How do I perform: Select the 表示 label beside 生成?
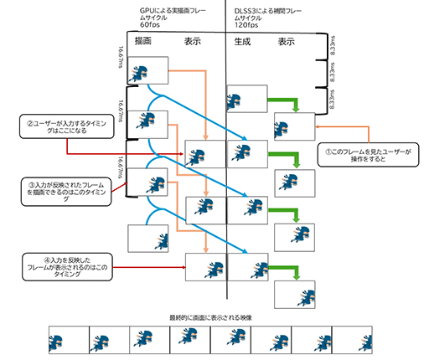pyautogui.click(x=286, y=40)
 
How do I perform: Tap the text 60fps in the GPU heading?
pyautogui.click(x=151, y=25)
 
